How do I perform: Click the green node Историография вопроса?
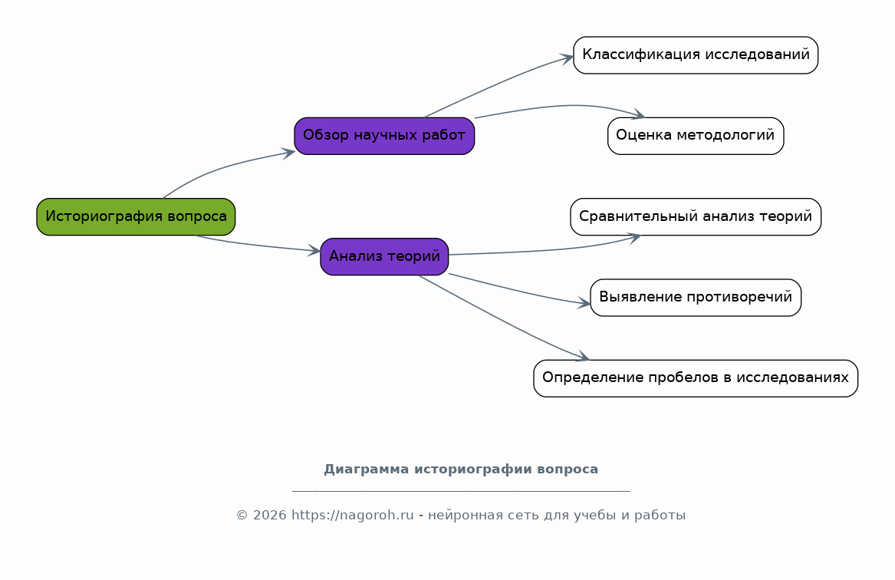coord(136,217)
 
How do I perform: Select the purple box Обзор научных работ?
coord(384,136)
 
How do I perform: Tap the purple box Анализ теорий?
coord(384,256)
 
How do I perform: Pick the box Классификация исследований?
coord(696,55)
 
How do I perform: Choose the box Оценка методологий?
coord(696,136)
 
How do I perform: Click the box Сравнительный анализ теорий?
coord(696,217)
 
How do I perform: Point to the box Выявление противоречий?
coord(696,298)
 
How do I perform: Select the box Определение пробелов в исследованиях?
coord(696,378)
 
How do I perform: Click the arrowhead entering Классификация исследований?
coord(566,58)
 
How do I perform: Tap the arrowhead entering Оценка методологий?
coord(637,115)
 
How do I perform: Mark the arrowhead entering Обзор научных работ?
coord(288,153)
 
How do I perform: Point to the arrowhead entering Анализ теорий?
coord(314,250)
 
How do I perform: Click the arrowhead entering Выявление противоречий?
coord(584,303)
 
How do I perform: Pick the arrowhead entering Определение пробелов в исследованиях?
coord(582,356)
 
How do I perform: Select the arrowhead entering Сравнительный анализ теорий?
coord(633,238)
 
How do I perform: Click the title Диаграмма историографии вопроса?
coord(461,470)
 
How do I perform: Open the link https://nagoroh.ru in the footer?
coord(352,515)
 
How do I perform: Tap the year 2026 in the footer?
coord(269,515)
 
